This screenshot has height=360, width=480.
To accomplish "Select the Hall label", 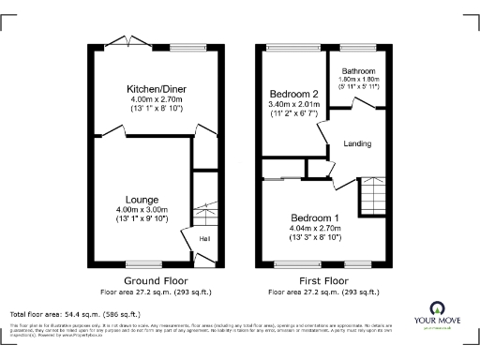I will click(203, 239).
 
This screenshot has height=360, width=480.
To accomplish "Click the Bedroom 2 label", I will click(294, 95).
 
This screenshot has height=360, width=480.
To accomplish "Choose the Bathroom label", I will click(358, 71).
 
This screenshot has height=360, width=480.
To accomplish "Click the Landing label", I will click(357, 144).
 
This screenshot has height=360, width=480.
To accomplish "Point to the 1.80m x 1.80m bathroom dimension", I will click(358, 81).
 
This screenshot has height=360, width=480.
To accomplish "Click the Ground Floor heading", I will click(156, 280).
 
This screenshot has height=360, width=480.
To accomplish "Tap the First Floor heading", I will click(322, 280).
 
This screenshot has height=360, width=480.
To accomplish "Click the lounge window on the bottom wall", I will click(142, 264).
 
